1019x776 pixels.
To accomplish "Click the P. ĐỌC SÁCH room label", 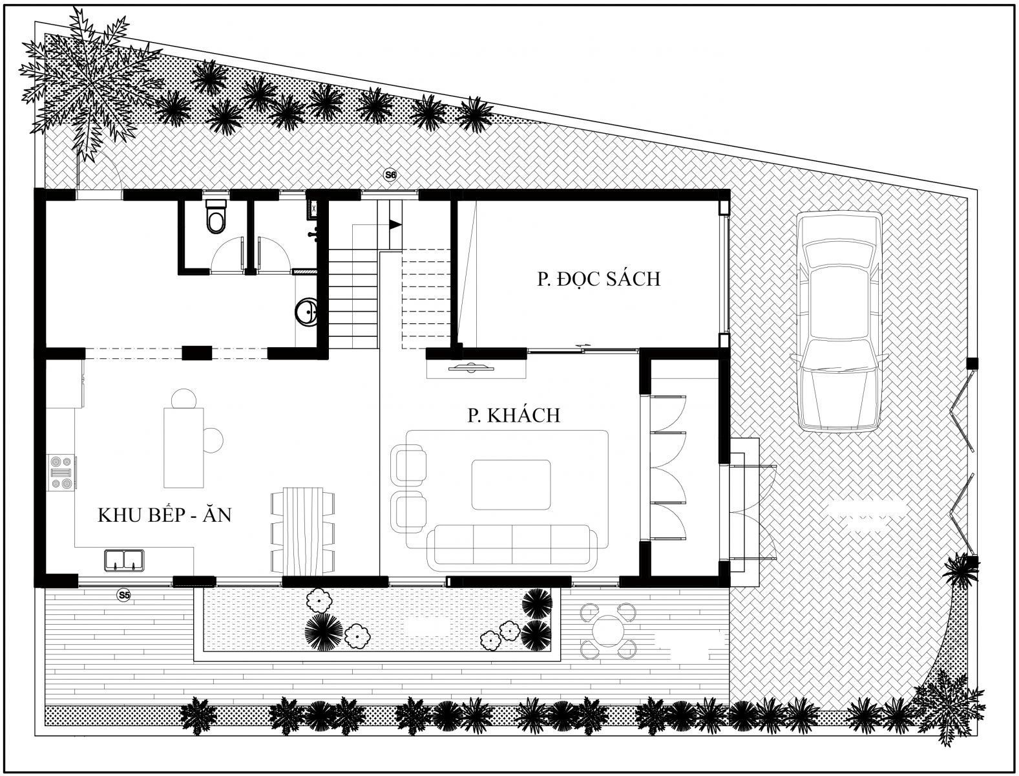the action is pos(598,279).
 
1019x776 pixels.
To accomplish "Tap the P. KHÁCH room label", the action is pos(514,415).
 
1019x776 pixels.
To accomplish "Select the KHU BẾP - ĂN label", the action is pos(164,515).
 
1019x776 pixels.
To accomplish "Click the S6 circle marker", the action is pos(390,175).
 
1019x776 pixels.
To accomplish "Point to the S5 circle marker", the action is pos(123,595).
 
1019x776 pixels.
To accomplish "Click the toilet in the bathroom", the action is pos(215,216).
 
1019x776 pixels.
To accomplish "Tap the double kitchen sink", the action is pos(124,560).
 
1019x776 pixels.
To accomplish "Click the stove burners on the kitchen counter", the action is pos(62,473).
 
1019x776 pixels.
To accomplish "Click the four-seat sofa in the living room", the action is pos(512,548).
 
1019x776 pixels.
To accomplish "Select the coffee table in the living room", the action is pos(511,484).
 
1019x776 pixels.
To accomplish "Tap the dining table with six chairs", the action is pos(303,531).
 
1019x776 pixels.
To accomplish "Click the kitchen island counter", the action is pos(184,447).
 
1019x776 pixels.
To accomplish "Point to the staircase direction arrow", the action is pos(395,225).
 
